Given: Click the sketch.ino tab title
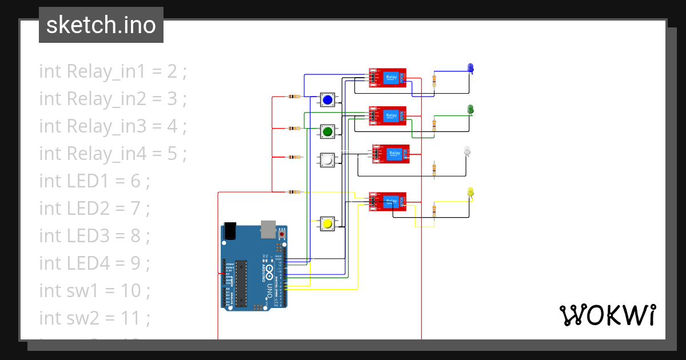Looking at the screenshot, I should [x=101, y=25].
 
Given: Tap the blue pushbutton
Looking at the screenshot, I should [x=328, y=101].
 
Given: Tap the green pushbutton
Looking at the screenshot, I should [x=328, y=132].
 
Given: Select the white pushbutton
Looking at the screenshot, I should [x=328, y=161].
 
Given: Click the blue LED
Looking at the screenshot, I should [x=470, y=69].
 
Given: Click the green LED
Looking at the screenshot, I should [x=470, y=109].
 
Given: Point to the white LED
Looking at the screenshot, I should [x=467, y=151].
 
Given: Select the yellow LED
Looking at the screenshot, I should [x=470, y=192].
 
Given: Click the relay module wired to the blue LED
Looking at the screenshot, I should [x=388, y=78].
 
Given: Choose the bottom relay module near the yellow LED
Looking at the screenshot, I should [x=388, y=201].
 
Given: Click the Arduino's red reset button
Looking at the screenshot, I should [x=282, y=234].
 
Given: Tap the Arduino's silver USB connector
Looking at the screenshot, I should [x=268, y=229].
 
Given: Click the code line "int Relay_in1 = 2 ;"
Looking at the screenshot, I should [x=113, y=71].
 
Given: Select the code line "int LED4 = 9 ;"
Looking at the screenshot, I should [x=94, y=263].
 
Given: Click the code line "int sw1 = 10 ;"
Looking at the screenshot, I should [x=94, y=290].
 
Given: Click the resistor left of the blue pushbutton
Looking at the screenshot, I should [x=294, y=97].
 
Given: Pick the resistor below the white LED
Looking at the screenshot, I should [x=434, y=169].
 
